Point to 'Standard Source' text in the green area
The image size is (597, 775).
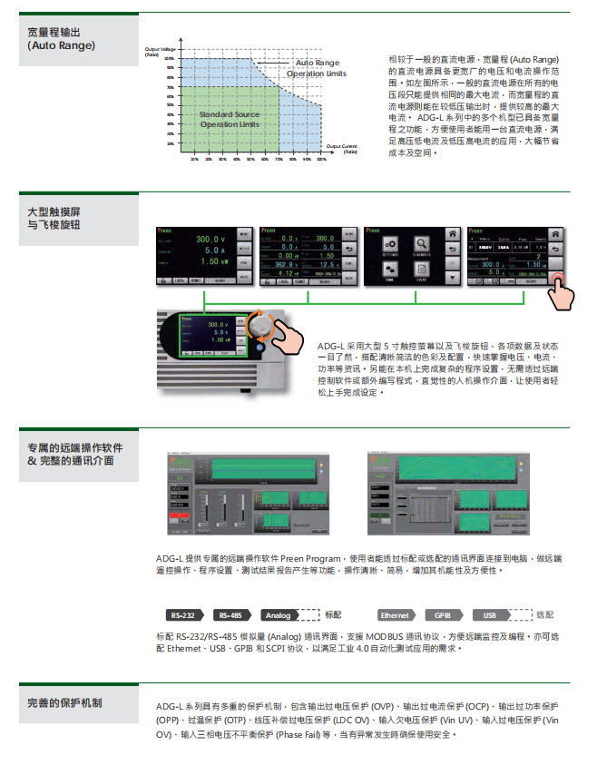tap(229, 114)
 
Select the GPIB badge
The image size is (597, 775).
tap(444, 614)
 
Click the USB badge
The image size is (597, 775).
tap(489, 614)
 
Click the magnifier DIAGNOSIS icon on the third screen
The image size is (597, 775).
tap(420, 245)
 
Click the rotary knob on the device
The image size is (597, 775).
tap(262, 325)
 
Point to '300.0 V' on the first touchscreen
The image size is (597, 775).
tap(210, 239)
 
